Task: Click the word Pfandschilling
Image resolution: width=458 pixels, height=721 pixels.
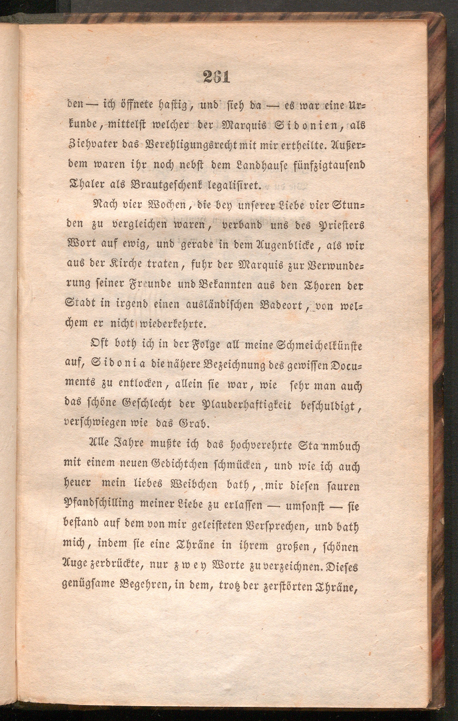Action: pos(99,505)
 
